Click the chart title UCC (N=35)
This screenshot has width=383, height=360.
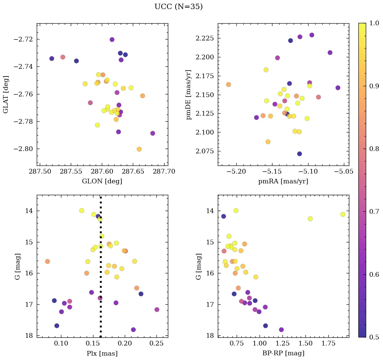click(x=178, y=7)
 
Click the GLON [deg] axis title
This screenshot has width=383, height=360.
click(x=102, y=181)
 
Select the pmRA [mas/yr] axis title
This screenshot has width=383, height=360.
click(x=283, y=181)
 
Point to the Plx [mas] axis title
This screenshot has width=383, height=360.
click(x=102, y=353)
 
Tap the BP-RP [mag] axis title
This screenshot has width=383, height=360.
click(x=283, y=353)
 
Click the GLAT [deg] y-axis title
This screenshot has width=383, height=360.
click(x=6, y=94)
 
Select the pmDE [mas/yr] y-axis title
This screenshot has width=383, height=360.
click(x=189, y=94)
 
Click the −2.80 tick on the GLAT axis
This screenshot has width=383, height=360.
click(x=23, y=149)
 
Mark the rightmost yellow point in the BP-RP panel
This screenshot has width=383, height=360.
click(x=343, y=214)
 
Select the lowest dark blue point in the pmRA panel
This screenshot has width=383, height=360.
click(x=299, y=154)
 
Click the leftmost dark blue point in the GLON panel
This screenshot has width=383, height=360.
click(x=52, y=58)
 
